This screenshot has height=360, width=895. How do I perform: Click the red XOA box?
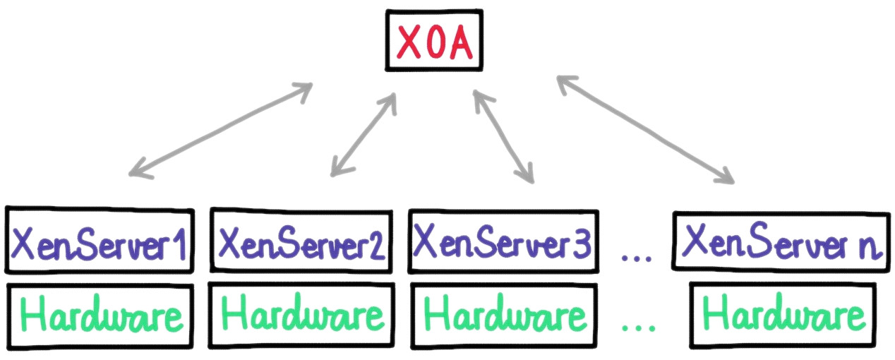(434, 42)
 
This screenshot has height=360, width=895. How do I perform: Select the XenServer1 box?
(99, 240)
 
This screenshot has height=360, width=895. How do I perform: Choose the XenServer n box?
(782, 240)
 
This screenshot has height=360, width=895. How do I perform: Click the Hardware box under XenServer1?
(99, 315)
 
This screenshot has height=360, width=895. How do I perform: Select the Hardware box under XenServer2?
(301, 315)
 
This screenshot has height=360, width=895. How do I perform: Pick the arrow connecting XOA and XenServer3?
(503, 136)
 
